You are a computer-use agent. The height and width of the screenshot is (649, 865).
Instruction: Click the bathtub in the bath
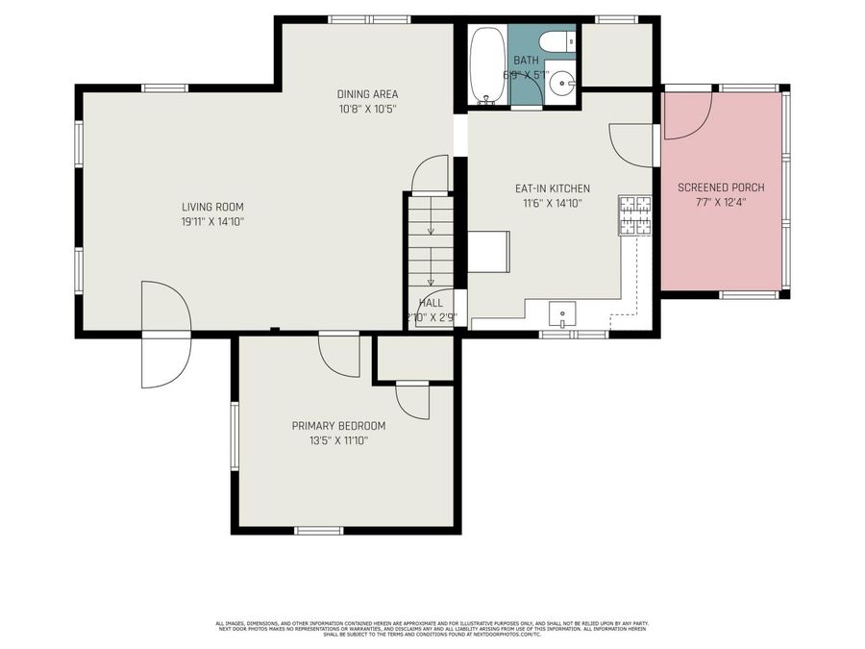click(488, 64)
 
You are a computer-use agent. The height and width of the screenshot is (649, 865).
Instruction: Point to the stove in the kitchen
click(634, 215)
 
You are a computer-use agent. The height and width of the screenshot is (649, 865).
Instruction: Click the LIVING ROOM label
click(212, 207)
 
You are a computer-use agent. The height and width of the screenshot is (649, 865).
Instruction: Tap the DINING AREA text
click(367, 94)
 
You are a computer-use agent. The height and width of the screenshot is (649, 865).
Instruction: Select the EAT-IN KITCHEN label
click(553, 188)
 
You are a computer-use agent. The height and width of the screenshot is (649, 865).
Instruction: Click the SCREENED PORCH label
click(721, 187)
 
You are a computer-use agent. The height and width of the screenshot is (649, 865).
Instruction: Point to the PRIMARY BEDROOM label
click(338, 426)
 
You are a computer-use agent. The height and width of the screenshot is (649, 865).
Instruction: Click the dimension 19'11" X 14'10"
click(212, 222)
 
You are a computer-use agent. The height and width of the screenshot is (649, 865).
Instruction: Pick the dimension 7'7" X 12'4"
click(721, 203)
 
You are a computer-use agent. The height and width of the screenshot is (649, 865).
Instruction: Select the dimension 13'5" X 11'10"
click(338, 441)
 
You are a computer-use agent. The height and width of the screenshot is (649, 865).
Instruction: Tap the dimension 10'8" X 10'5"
click(367, 110)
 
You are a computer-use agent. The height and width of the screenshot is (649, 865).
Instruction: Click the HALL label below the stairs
click(431, 302)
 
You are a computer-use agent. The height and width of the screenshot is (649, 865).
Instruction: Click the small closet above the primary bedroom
click(414, 358)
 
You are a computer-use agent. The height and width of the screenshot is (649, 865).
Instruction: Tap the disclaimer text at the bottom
click(432, 629)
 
